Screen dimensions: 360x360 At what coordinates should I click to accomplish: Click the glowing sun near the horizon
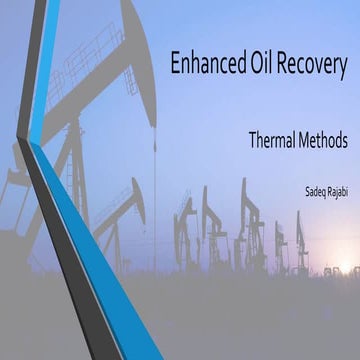point(346,268)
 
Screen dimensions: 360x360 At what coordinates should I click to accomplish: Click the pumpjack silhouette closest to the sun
point(301,245)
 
